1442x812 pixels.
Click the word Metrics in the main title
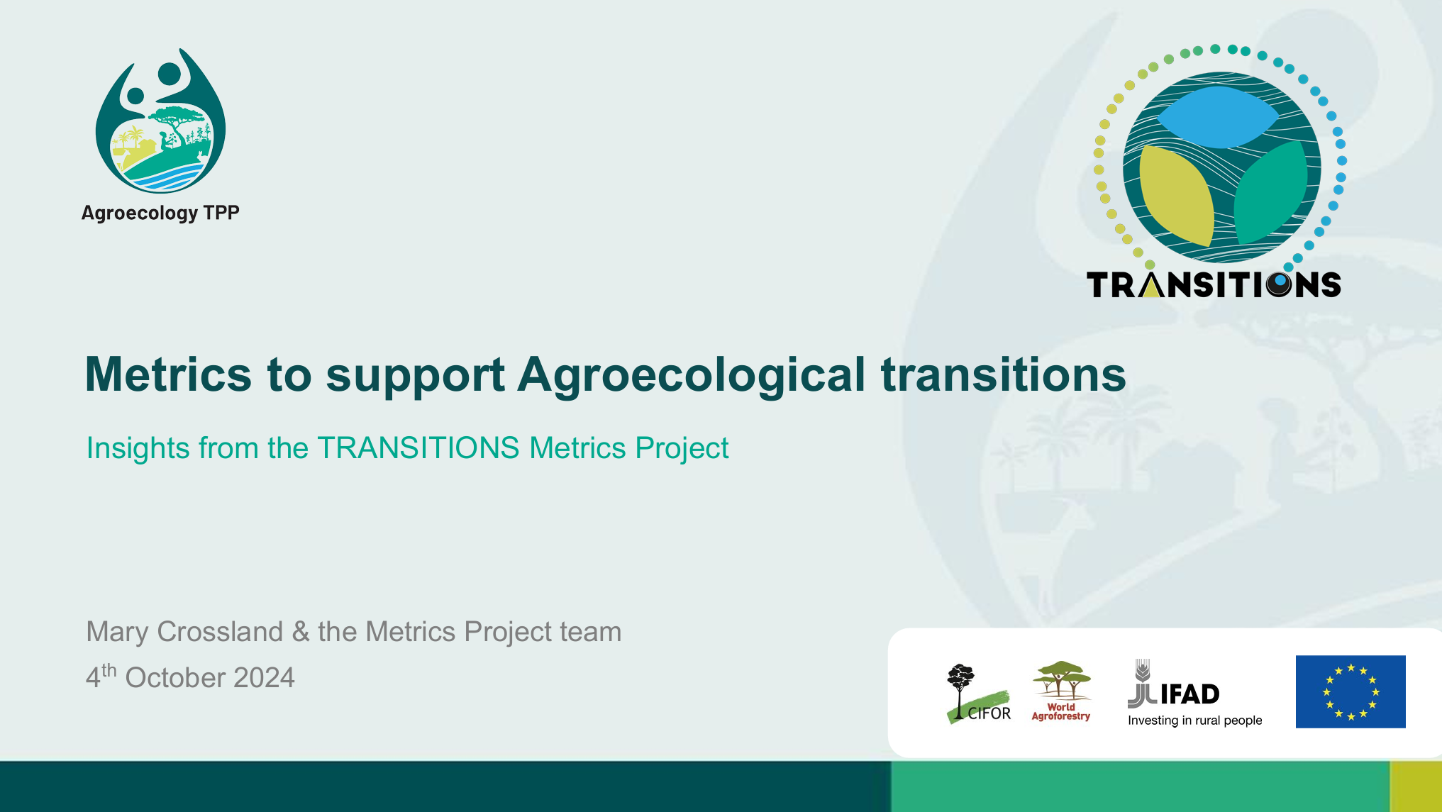168,374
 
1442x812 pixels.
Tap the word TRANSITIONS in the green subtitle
418,448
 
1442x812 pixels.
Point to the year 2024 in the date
264,678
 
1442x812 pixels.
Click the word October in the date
175,678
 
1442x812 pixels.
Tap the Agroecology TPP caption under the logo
160,213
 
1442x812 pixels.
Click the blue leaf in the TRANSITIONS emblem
1217,117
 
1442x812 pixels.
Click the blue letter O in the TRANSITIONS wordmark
1279,284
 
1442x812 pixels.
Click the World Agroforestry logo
1061,691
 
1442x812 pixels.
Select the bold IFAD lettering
1189,694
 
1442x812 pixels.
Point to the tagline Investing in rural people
1195,721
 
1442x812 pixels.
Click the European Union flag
1351,691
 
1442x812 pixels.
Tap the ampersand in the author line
301,632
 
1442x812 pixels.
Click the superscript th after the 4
109,669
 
